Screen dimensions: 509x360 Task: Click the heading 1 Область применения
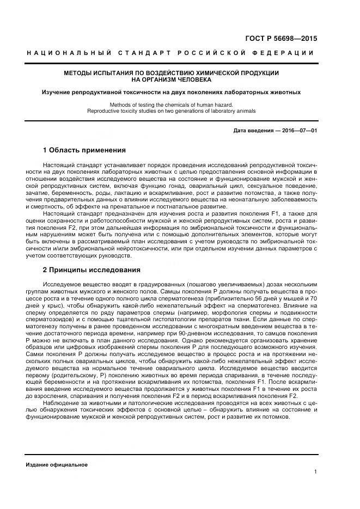[84, 150]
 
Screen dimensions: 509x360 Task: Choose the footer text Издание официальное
[57, 465]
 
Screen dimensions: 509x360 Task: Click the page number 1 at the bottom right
[315, 472]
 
